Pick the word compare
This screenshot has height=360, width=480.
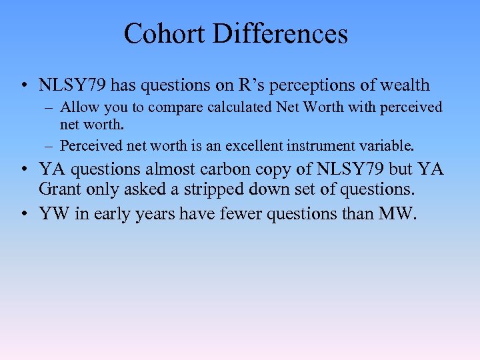[159, 107]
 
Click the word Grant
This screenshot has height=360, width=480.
[60, 189]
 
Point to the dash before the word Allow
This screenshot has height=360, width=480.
[51, 108]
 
